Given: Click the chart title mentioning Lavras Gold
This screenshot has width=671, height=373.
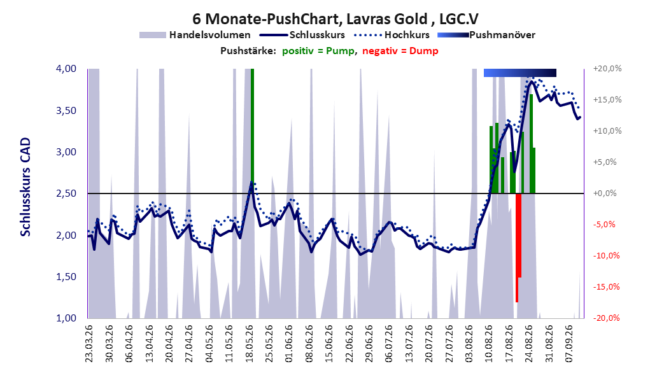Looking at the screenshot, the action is point(335,19).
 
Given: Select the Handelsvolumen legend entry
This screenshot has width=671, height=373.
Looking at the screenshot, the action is point(195,35).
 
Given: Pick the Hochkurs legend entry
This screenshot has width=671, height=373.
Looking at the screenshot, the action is point(392,34).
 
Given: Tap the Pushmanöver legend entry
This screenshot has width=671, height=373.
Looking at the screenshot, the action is point(486,35).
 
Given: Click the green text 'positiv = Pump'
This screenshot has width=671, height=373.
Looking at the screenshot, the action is point(318,51).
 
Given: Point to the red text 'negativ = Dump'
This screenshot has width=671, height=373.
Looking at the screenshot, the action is point(400,51).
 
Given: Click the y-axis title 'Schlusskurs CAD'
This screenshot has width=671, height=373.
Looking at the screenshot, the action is point(25,187).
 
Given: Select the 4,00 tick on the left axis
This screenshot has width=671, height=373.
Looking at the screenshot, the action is point(66,69).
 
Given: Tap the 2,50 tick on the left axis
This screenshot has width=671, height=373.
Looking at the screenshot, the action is point(66,194).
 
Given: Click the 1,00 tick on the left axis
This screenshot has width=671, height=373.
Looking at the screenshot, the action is point(66,318).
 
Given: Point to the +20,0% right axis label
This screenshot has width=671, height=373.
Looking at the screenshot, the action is point(607,69).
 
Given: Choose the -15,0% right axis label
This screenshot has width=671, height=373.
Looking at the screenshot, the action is point(606,287).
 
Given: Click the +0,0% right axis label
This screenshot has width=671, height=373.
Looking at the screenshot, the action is point(605,194).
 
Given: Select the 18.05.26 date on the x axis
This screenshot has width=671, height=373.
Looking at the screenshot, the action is point(250,344).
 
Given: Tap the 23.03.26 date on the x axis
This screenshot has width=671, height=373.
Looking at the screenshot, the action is point(89,344).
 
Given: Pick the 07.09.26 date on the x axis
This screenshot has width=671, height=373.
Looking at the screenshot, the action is point(570,344).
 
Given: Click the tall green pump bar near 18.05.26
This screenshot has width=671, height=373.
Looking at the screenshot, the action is point(252,131).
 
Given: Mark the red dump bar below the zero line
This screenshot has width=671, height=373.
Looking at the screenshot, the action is point(518,248).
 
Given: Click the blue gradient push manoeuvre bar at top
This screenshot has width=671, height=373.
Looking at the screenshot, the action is point(520,73).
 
